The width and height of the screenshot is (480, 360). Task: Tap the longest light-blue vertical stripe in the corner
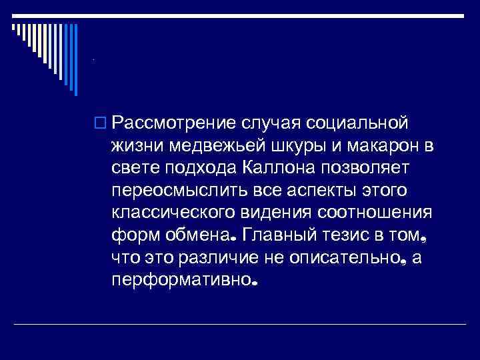click(75, 59)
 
